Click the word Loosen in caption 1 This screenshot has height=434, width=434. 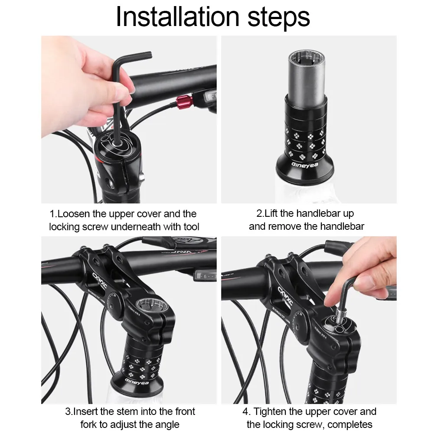72,214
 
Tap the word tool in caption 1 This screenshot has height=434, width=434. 191,226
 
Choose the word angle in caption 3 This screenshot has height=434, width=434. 166,424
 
